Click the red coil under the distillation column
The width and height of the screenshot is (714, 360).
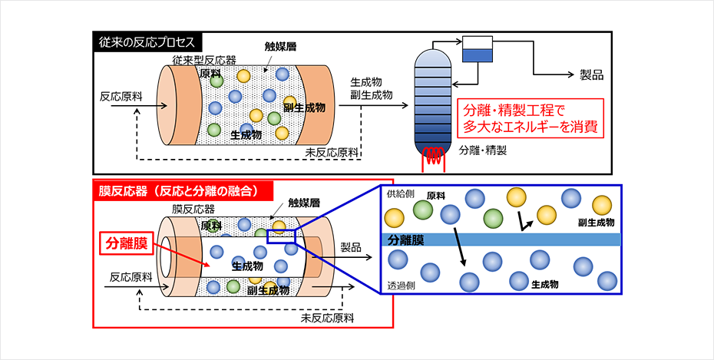[435, 158]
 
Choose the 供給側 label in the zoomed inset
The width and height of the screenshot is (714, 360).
[398, 193]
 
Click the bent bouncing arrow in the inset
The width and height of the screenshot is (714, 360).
[527, 223]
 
